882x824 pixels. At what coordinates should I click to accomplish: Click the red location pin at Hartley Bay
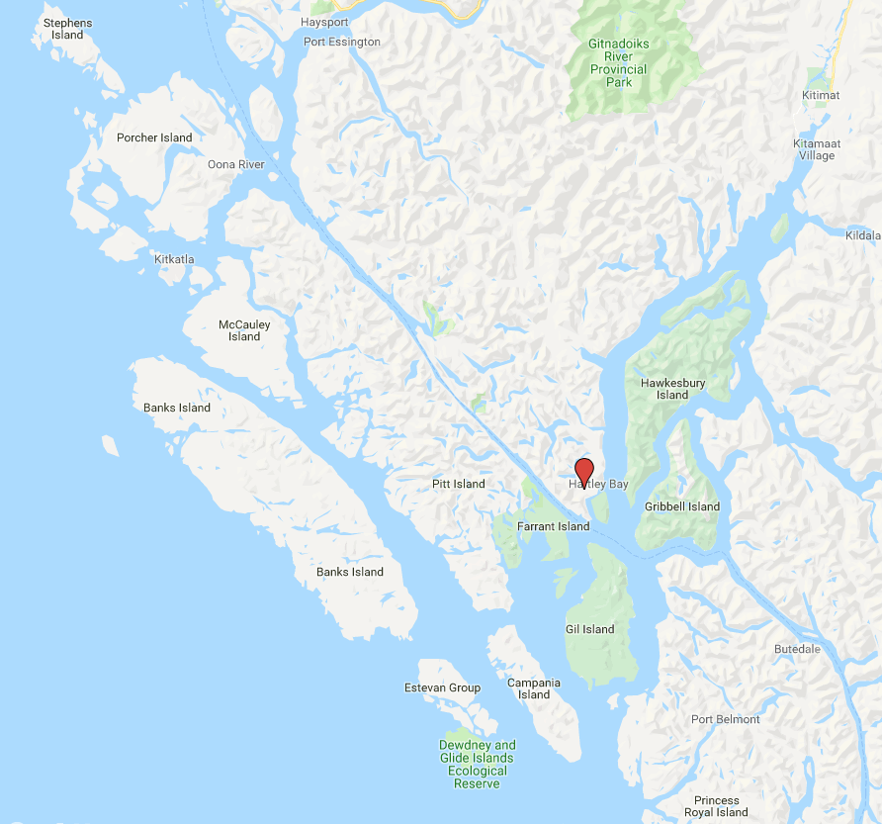click(x=584, y=471)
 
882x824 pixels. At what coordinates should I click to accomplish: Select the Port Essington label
click(x=341, y=42)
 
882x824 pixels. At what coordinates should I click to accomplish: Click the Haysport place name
click(x=324, y=21)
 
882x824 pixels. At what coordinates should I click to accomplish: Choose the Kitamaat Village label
click(x=816, y=149)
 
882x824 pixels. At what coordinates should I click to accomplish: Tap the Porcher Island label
click(x=153, y=137)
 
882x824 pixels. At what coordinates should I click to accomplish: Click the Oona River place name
click(x=235, y=164)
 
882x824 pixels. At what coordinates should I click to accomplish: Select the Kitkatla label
click(x=175, y=259)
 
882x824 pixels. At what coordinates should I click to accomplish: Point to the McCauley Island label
click(x=244, y=330)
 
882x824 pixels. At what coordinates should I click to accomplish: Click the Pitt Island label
click(x=459, y=484)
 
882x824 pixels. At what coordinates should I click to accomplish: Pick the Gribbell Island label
click(x=682, y=506)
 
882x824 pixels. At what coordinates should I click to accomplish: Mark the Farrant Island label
click(x=553, y=526)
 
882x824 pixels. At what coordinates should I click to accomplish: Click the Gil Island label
click(x=589, y=629)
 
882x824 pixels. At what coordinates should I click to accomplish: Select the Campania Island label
click(x=534, y=688)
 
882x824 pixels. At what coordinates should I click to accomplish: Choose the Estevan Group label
click(x=442, y=687)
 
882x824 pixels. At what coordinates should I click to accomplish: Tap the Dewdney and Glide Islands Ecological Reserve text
click(x=477, y=765)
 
